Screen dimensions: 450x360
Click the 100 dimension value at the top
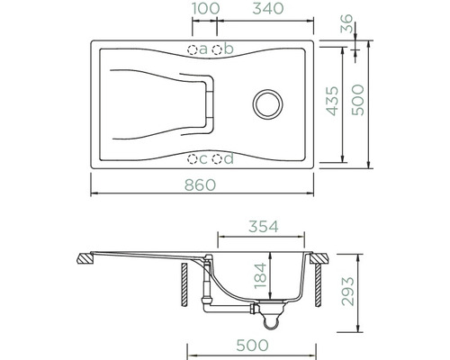click(x=205, y=8)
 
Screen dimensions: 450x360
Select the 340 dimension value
click(x=268, y=8)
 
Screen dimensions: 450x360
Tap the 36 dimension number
click(x=346, y=23)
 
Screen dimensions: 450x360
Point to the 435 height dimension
click(x=332, y=101)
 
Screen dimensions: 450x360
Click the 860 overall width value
click(x=200, y=184)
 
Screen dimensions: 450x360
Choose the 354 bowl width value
click(x=264, y=227)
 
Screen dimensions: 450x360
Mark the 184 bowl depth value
click(x=260, y=275)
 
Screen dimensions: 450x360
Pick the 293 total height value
click(x=348, y=292)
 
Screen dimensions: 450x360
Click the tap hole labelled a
click(x=193, y=49)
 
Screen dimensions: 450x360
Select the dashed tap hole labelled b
click(x=217, y=49)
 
